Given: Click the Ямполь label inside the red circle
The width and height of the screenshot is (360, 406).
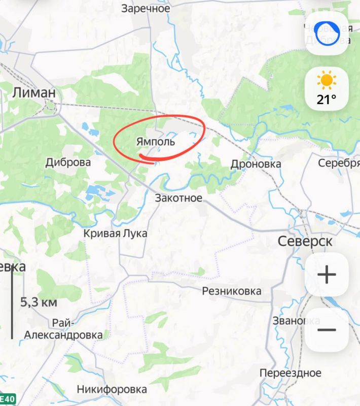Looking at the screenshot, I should (x=156, y=142).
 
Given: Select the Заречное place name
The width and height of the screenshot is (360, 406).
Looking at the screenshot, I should (x=146, y=9).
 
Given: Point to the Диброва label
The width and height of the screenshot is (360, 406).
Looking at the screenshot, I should (x=68, y=162).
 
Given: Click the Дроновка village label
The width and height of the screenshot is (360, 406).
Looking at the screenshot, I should (x=256, y=164).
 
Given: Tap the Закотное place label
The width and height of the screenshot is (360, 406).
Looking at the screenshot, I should (x=178, y=198).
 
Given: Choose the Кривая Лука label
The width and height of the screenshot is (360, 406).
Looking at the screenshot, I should (x=115, y=233).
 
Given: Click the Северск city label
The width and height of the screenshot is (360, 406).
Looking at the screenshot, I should (x=305, y=241).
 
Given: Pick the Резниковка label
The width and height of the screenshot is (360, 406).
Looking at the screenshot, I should (x=232, y=291).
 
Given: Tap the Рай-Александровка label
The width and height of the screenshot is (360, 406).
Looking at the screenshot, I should (x=63, y=329).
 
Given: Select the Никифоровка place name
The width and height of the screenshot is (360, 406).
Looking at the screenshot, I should (x=112, y=389).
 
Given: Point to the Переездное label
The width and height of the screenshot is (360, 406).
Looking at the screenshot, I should (x=291, y=373).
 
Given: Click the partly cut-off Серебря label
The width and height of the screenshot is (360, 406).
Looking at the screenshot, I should (x=338, y=163).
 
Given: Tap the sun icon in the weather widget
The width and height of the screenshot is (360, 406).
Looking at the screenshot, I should (x=327, y=80).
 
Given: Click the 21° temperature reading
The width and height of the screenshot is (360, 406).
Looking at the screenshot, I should (x=327, y=99).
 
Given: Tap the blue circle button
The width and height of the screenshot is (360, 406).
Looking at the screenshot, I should (x=327, y=33).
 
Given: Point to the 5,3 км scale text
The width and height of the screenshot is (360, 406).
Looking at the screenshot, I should (x=39, y=302).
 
